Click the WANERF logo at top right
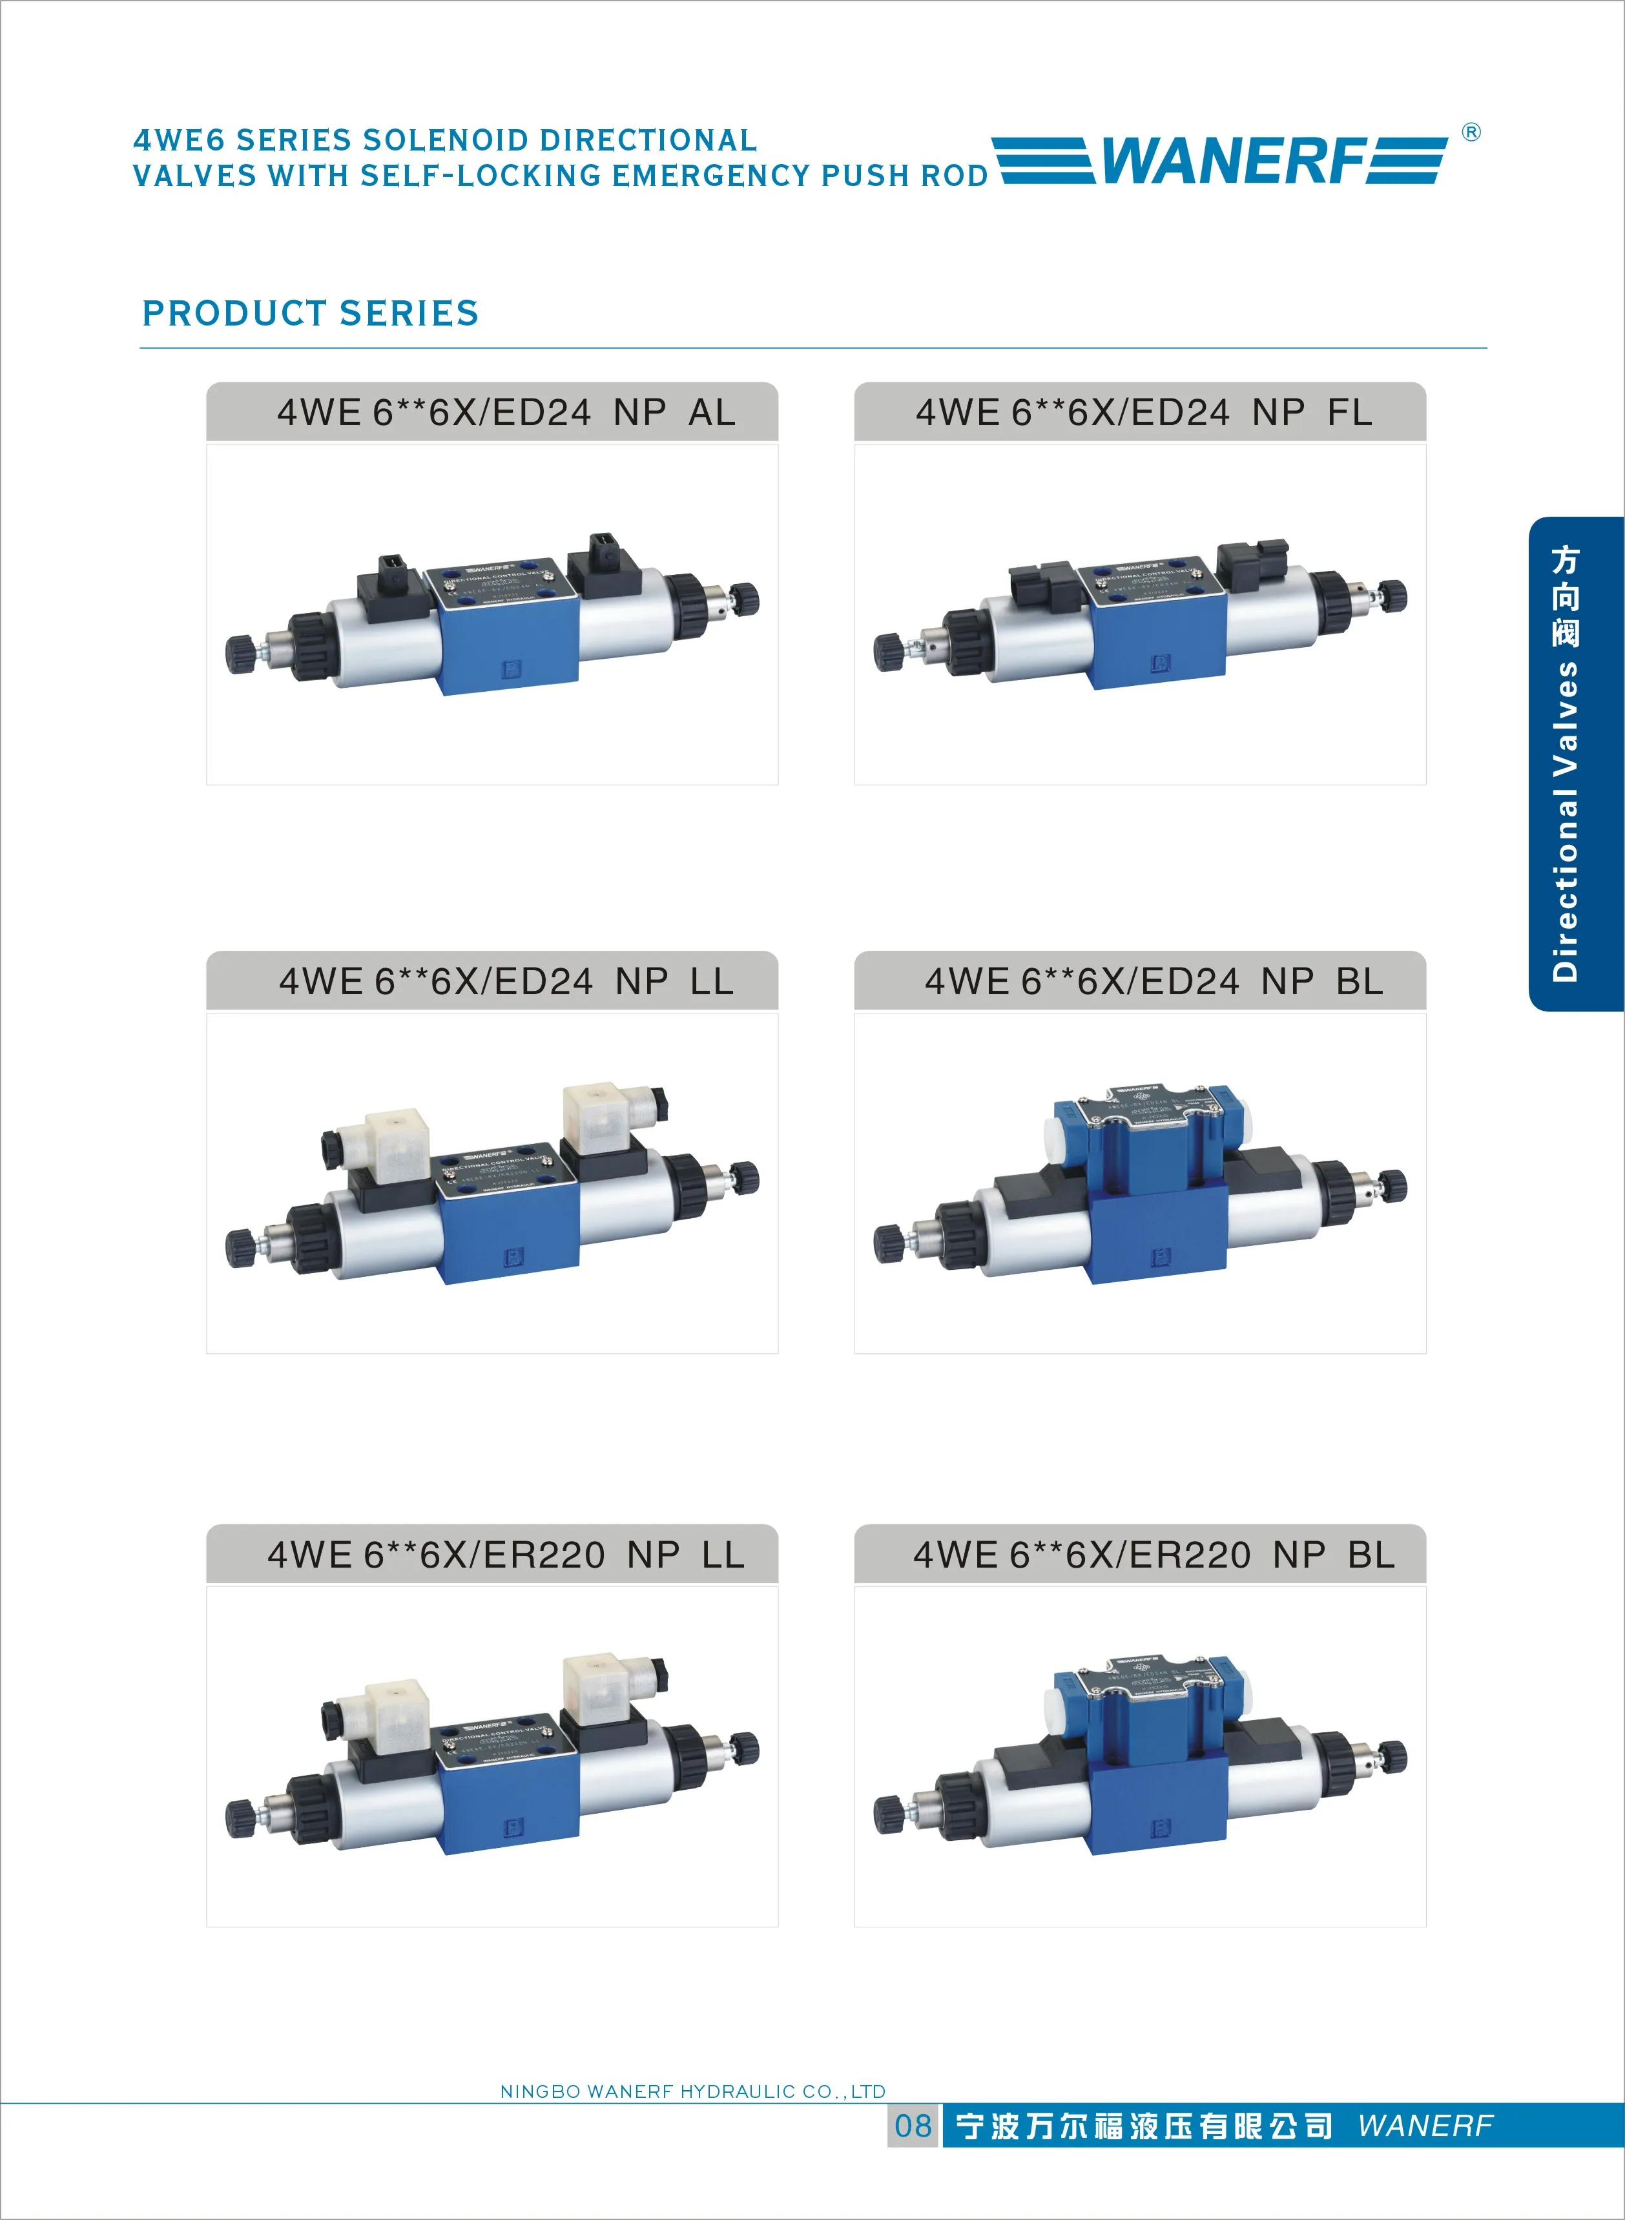(x=1220, y=160)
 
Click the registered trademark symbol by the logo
(x=1471, y=132)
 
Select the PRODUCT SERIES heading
(x=310, y=313)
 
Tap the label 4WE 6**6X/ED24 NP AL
(x=506, y=412)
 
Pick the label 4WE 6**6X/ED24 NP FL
(x=1143, y=412)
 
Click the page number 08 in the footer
(x=913, y=2126)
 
